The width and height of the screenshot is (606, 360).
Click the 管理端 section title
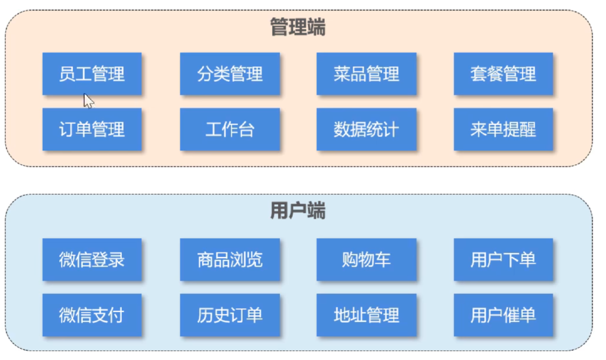(298, 27)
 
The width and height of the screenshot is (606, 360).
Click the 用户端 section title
(298, 211)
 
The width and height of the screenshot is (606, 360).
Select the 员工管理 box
(92, 74)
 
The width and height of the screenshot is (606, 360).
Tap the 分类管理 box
(230, 74)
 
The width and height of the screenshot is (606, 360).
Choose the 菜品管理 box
(366, 74)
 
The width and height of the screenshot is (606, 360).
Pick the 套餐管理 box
(503, 74)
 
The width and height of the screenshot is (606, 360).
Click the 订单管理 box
(92, 129)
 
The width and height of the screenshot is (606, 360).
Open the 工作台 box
(230, 129)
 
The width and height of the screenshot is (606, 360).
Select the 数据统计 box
(366, 129)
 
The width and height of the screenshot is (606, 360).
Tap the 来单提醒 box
(503, 129)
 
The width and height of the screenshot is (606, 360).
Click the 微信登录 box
(92, 259)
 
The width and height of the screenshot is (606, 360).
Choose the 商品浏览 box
(230, 259)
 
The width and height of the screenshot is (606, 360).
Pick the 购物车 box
(366, 259)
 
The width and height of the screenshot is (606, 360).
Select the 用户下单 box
(503, 259)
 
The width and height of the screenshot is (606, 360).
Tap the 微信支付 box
(92, 314)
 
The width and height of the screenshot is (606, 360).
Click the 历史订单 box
(230, 314)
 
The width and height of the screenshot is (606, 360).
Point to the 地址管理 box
(366, 314)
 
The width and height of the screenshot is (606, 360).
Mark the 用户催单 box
(503, 314)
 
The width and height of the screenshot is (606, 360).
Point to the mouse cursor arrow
(88, 101)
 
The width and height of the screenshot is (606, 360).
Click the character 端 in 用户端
(316, 211)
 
